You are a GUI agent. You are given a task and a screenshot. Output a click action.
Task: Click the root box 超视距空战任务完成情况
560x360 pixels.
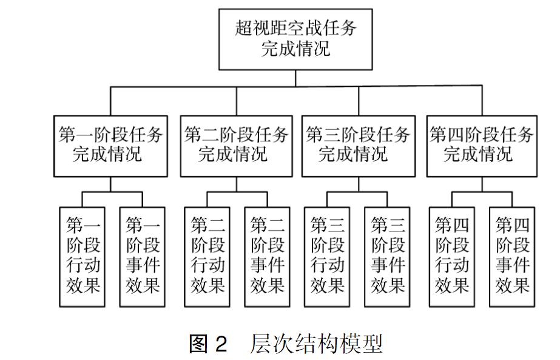click(295, 38)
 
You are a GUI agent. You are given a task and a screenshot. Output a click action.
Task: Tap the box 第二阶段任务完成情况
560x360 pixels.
click(235, 146)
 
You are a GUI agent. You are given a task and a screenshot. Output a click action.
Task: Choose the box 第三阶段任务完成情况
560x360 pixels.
click(357, 146)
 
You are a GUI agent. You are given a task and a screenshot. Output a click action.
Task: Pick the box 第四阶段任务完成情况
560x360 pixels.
click(482, 146)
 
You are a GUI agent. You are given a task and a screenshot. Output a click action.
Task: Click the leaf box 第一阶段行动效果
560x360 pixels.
click(83, 256)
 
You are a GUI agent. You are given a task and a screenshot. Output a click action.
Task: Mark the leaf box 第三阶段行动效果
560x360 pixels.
click(328, 256)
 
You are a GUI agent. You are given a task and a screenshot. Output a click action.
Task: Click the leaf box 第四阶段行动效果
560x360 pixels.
click(452, 256)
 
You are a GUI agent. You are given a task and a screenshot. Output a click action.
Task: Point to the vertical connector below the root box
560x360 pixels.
click(295, 77)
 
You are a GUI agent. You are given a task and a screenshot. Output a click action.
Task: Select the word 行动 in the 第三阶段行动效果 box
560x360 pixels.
click(328, 265)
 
